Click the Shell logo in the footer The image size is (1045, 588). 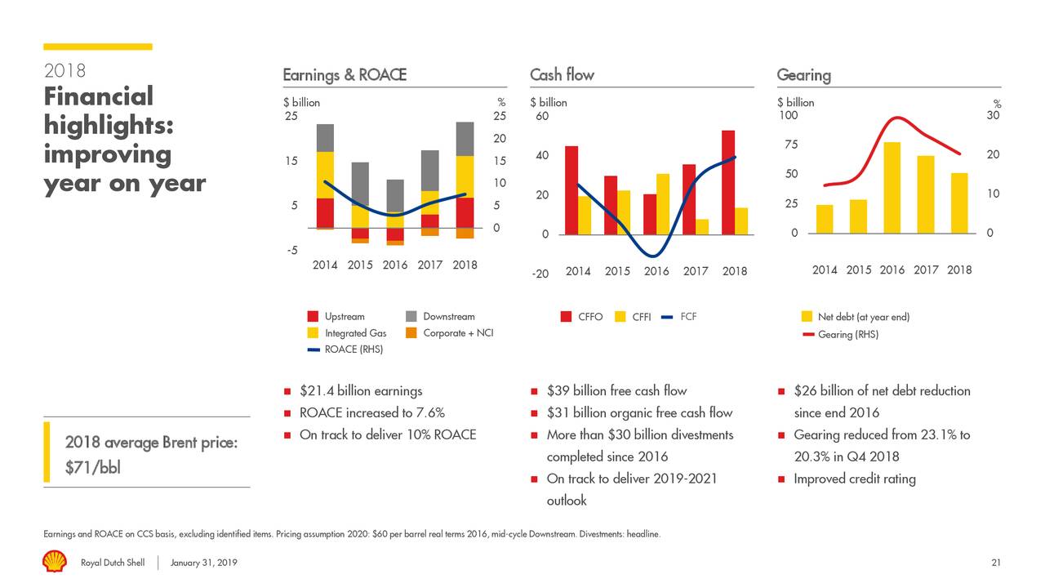(55, 562)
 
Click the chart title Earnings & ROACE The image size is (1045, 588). (344, 75)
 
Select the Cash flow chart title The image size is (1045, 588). (562, 75)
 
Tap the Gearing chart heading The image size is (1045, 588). (803, 75)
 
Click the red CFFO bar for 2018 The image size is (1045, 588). (728, 182)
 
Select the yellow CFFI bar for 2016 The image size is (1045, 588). (663, 204)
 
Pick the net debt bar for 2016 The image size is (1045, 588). (892, 188)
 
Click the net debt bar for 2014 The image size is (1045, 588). (825, 219)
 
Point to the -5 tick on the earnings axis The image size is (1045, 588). (292, 250)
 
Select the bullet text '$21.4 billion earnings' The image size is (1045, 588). (361, 391)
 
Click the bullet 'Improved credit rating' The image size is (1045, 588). (854, 479)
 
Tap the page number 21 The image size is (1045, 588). (995, 563)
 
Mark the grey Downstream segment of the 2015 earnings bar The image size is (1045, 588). (360, 183)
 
